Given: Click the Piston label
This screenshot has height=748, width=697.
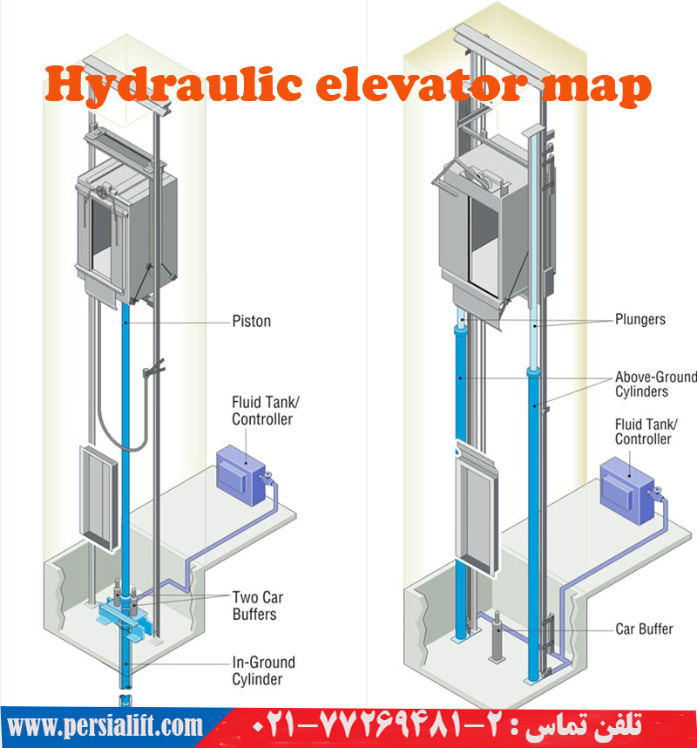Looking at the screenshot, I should coord(251,321).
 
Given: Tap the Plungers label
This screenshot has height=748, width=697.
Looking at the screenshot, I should coord(639,319).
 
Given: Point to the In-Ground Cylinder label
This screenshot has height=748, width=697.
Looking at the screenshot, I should coord(263,670).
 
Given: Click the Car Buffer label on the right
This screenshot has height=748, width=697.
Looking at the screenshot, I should coord(642,629).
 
